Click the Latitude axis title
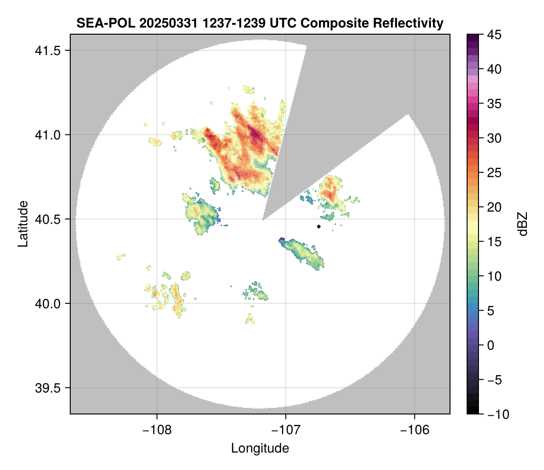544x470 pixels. point(23,224)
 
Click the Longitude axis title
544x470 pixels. point(260,448)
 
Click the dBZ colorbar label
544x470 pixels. point(523,224)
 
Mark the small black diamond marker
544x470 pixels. point(319,226)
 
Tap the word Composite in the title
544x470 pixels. point(330,23)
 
